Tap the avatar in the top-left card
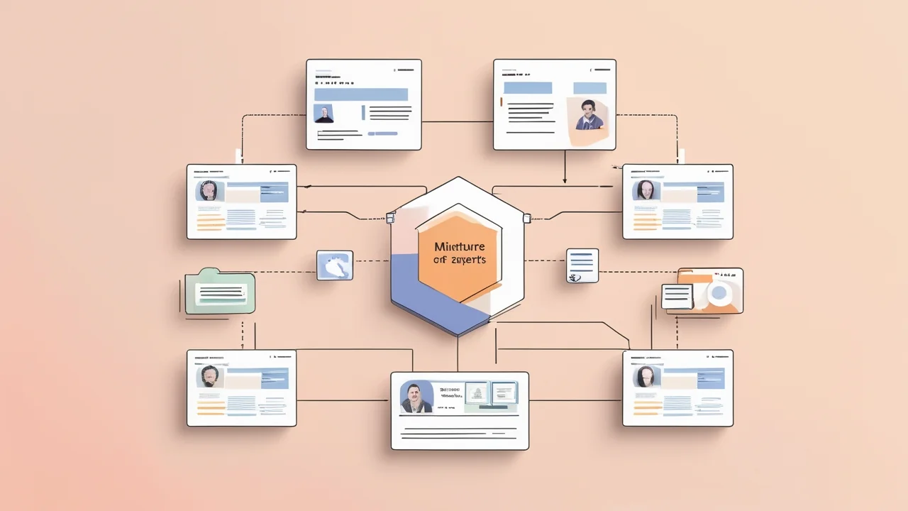[x=324, y=114]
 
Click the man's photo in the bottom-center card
[x=416, y=397]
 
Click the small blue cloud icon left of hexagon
[x=334, y=265]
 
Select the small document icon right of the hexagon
[x=582, y=265]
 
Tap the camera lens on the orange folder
[x=720, y=292]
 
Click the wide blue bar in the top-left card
[x=360, y=94]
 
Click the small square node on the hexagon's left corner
[x=390, y=218]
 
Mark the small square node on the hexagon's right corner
[x=526, y=218]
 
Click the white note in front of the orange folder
[x=677, y=296]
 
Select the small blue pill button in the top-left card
[x=382, y=133]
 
